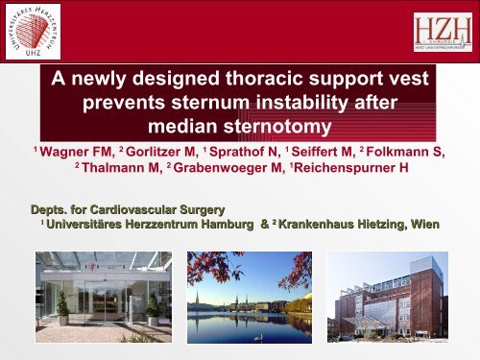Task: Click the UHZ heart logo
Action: coord(36,36)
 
